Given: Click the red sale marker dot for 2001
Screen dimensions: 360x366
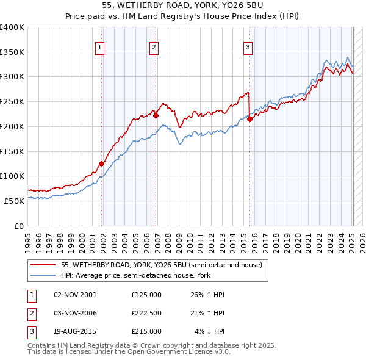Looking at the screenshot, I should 102,164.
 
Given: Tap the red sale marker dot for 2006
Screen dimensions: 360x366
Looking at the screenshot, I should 156,115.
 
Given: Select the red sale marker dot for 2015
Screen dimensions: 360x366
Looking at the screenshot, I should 250,120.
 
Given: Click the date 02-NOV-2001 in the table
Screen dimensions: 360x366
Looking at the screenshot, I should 75,295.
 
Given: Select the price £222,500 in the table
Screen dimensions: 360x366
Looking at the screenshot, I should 146,313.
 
